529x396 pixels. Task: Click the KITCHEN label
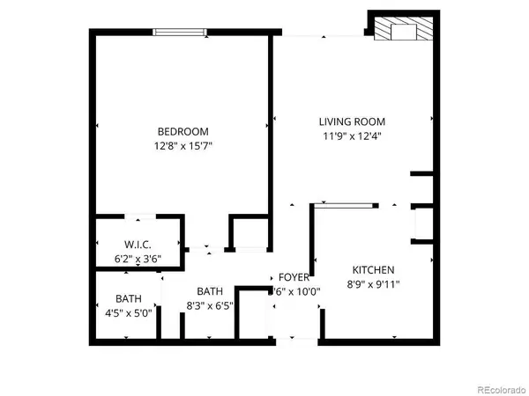point(373,269)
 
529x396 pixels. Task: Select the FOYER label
point(294,276)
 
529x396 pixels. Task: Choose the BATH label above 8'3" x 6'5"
point(210,291)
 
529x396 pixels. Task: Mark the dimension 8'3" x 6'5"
point(210,306)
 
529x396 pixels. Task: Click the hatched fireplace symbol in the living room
point(402,31)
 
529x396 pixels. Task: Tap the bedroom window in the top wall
point(181,33)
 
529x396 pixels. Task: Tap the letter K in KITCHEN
point(356,269)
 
